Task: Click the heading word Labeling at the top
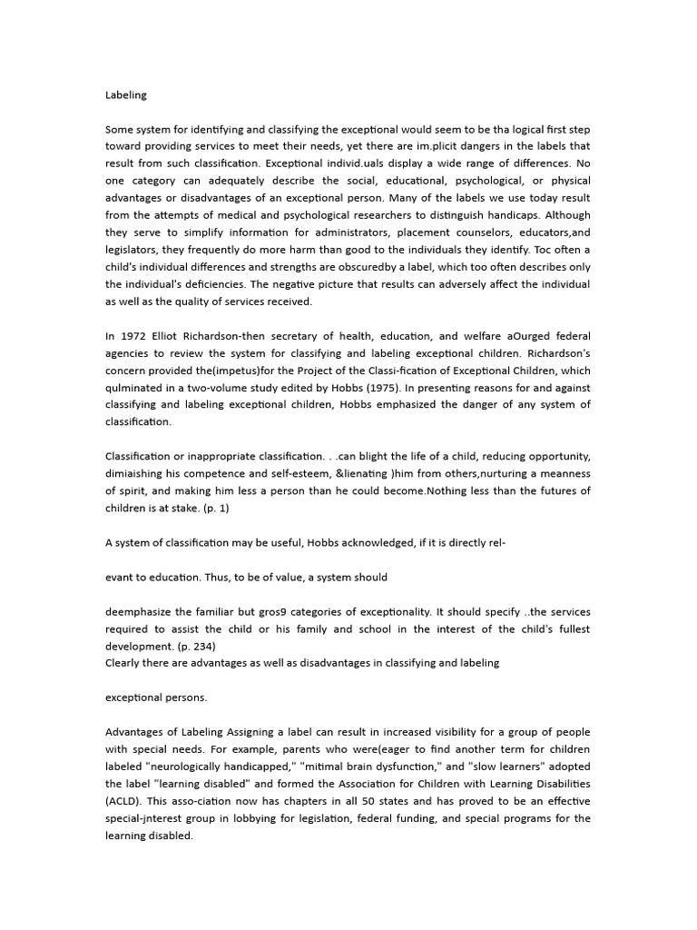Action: click(126, 94)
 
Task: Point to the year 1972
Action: click(135, 336)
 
